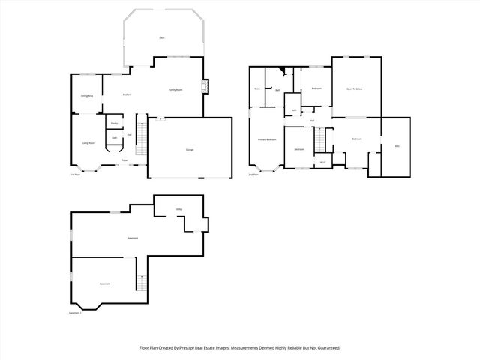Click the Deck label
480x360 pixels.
[161, 37]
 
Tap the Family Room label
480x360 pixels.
[175, 89]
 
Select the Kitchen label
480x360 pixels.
[127, 94]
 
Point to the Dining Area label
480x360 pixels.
[87, 96]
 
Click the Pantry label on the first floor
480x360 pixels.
[114, 123]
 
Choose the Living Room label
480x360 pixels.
[88, 142]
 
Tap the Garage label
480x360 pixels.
[190, 150]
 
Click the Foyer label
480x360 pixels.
[124, 160]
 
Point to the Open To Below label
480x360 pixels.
[355, 88]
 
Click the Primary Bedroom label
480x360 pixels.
[268, 139]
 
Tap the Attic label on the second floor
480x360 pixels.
[397, 146]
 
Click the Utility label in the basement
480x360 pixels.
[179, 209]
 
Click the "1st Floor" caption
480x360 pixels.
[75, 175]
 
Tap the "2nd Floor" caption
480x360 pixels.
[253, 175]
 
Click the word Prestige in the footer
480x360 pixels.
[198, 348]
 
